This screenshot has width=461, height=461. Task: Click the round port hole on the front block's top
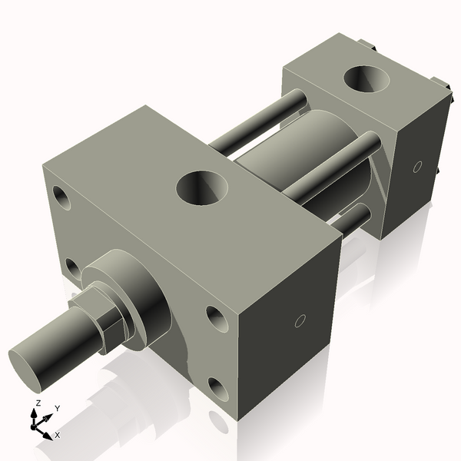click(x=204, y=187)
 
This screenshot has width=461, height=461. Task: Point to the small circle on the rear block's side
click(x=417, y=166)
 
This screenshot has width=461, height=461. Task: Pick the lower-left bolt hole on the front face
click(x=72, y=267)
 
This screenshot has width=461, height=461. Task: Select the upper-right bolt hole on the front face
click(x=214, y=317)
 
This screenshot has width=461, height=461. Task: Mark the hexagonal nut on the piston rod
click(x=103, y=315)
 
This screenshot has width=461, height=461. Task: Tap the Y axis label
click(x=57, y=407)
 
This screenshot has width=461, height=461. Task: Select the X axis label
click(x=57, y=435)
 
